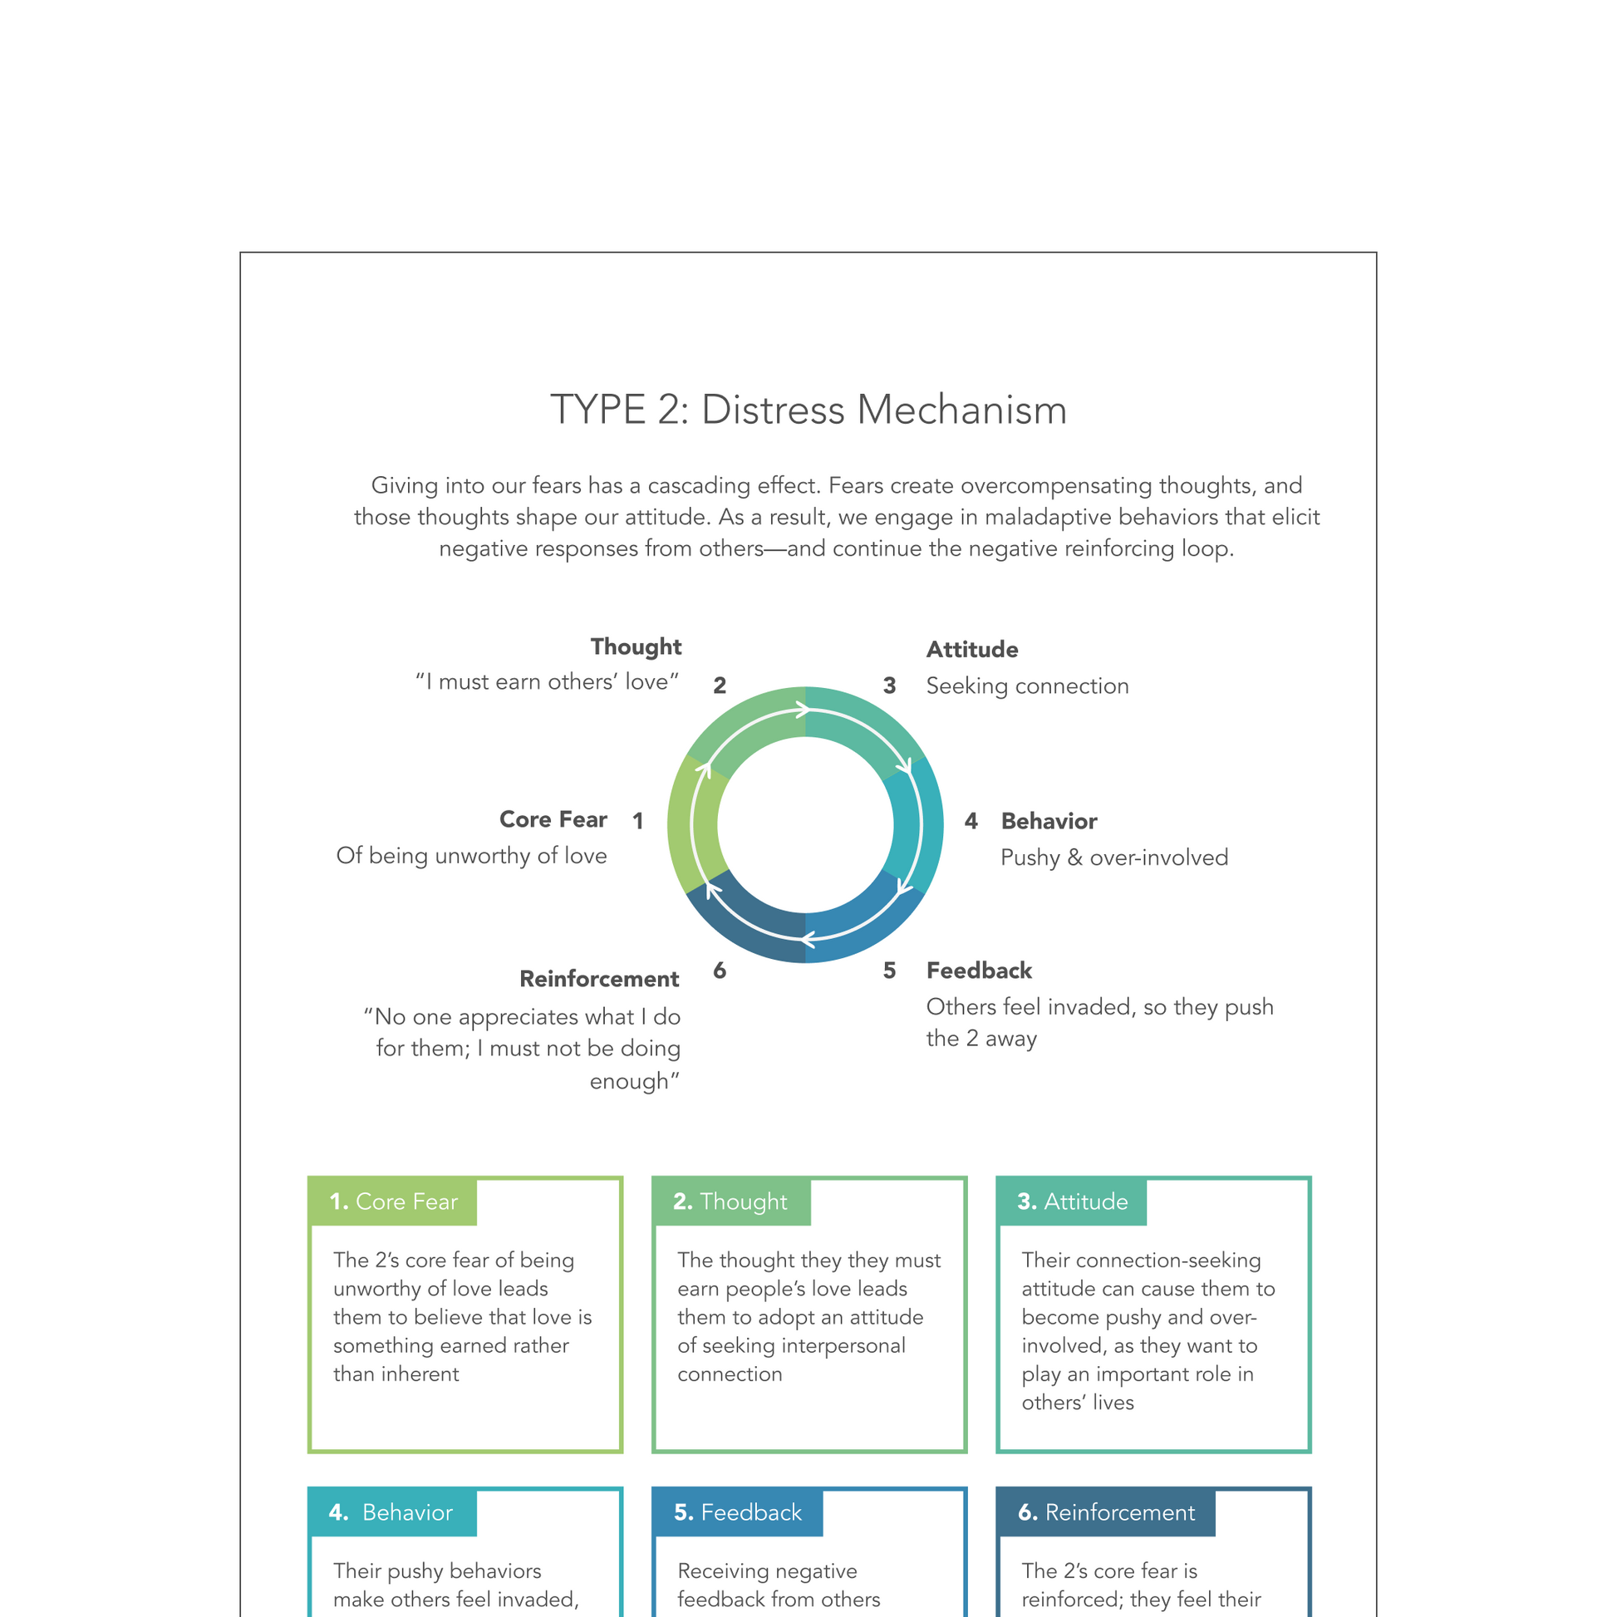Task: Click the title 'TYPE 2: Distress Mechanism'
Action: pos(808,410)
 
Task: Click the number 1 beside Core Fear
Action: pos(638,821)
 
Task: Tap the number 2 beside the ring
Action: pos(720,686)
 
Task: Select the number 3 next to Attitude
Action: pos(890,686)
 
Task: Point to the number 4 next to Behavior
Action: pos(971,821)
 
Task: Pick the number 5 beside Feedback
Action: pos(890,971)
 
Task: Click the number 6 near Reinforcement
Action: pos(720,971)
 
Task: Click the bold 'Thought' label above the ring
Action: pos(636,647)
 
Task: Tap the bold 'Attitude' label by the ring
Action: pos(971,650)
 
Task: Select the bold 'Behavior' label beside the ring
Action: pos(1049,821)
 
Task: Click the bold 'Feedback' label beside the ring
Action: pos(979,971)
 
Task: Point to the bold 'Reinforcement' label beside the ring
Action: pos(599,979)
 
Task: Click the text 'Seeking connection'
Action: pos(1027,686)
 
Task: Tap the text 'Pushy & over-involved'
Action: pos(1114,858)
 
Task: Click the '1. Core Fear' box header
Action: pos(393,1202)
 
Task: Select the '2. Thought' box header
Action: pos(730,1202)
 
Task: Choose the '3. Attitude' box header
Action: pos(1072,1202)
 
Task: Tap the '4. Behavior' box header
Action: pos(391,1512)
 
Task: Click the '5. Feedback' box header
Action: pos(737,1512)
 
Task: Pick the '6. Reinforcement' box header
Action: pos(1106,1512)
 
